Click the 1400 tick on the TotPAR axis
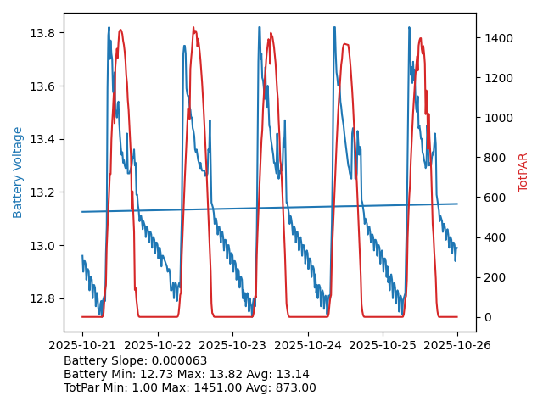click(497, 38)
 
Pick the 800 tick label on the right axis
click(494, 158)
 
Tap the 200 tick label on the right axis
click(494, 277)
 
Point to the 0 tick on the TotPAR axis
click(488, 317)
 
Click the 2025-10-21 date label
click(82, 345)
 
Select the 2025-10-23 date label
click(232, 345)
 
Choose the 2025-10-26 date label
click(457, 345)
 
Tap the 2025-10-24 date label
click(307, 345)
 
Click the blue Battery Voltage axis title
click(18, 172)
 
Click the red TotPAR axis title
click(523, 172)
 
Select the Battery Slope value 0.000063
click(183, 360)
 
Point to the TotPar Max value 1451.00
click(232, 387)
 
